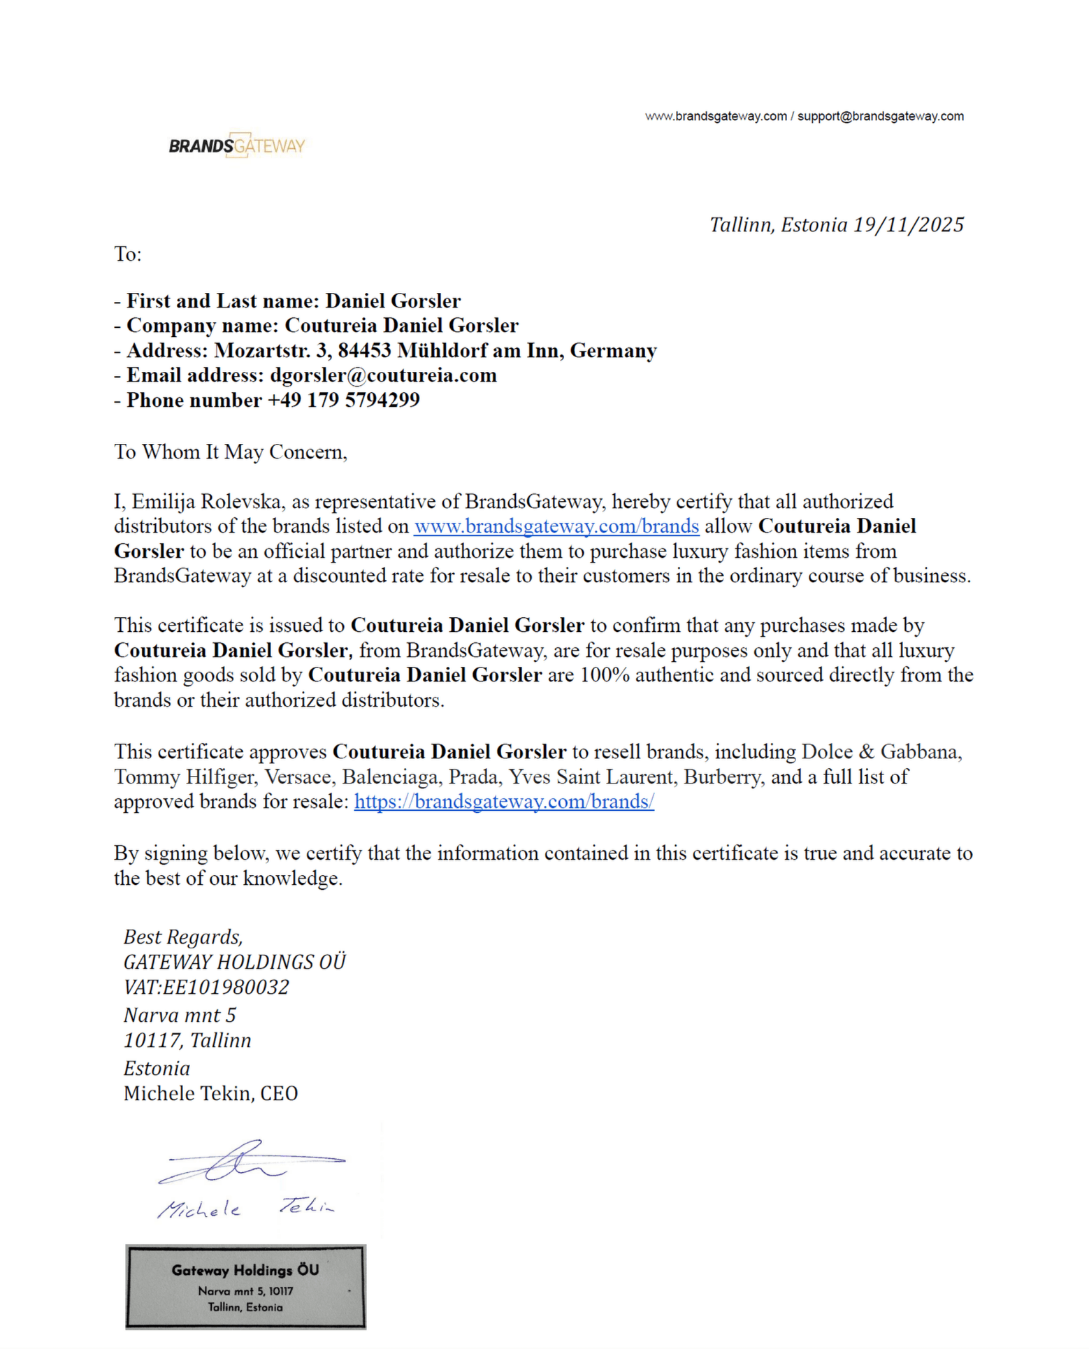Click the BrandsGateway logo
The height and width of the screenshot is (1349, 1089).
pyautogui.click(x=237, y=145)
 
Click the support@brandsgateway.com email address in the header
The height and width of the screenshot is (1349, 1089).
pyautogui.click(x=880, y=116)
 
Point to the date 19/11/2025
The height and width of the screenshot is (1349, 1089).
pyautogui.click(x=909, y=225)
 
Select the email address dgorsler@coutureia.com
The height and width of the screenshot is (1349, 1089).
pyautogui.click(x=383, y=375)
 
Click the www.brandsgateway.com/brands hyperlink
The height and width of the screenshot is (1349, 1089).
pyautogui.click(x=556, y=526)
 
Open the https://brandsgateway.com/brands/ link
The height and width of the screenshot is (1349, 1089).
pyautogui.click(x=504, y=802)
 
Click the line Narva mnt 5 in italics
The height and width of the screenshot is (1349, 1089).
pyautogui.click(x=180, y=1016)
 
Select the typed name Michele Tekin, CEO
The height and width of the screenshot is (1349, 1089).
pyautogui.click(x=210, y=1094)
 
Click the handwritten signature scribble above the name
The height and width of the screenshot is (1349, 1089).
pyautogui.click(x=245, y=1162)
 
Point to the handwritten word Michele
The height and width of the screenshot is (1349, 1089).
pyautogui.click(x=199, y=1209)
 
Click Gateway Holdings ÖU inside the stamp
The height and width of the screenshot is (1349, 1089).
pyautogui.click(x=245, y=1270)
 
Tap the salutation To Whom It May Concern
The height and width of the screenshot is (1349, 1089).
pyautogui.click(x=230, y=452)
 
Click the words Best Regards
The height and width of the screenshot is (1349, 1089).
pyautogui.click(x=183, y=937)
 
